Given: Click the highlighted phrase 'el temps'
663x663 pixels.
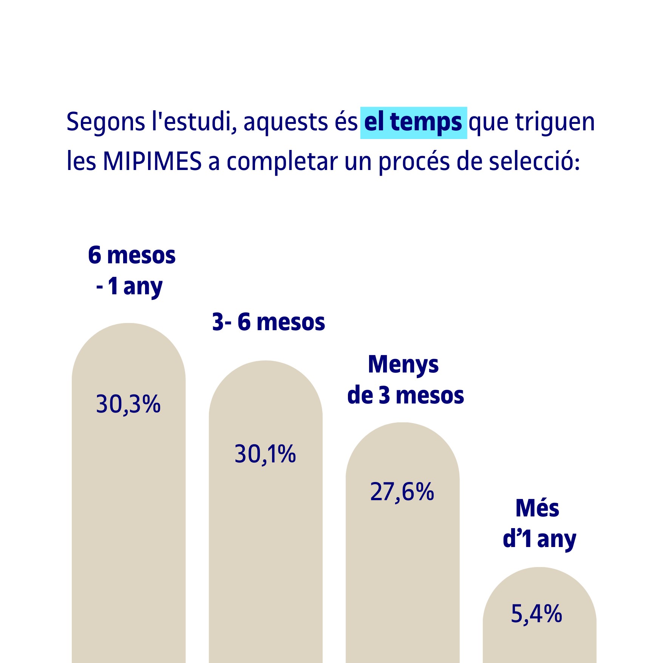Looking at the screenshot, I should (413, 123).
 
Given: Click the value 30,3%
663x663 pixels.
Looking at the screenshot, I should (128, 404).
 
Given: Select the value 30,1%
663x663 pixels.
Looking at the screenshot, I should (265, 454).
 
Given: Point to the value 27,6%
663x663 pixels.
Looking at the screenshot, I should (402, 492).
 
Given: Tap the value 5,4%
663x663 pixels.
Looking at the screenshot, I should (536, 614).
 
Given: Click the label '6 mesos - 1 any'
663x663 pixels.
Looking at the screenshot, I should (131, 270).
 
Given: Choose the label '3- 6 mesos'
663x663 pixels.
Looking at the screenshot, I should (269, 322).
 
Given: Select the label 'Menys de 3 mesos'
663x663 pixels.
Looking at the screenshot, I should (405, 380).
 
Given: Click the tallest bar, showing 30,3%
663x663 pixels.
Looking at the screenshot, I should (128, 529).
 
